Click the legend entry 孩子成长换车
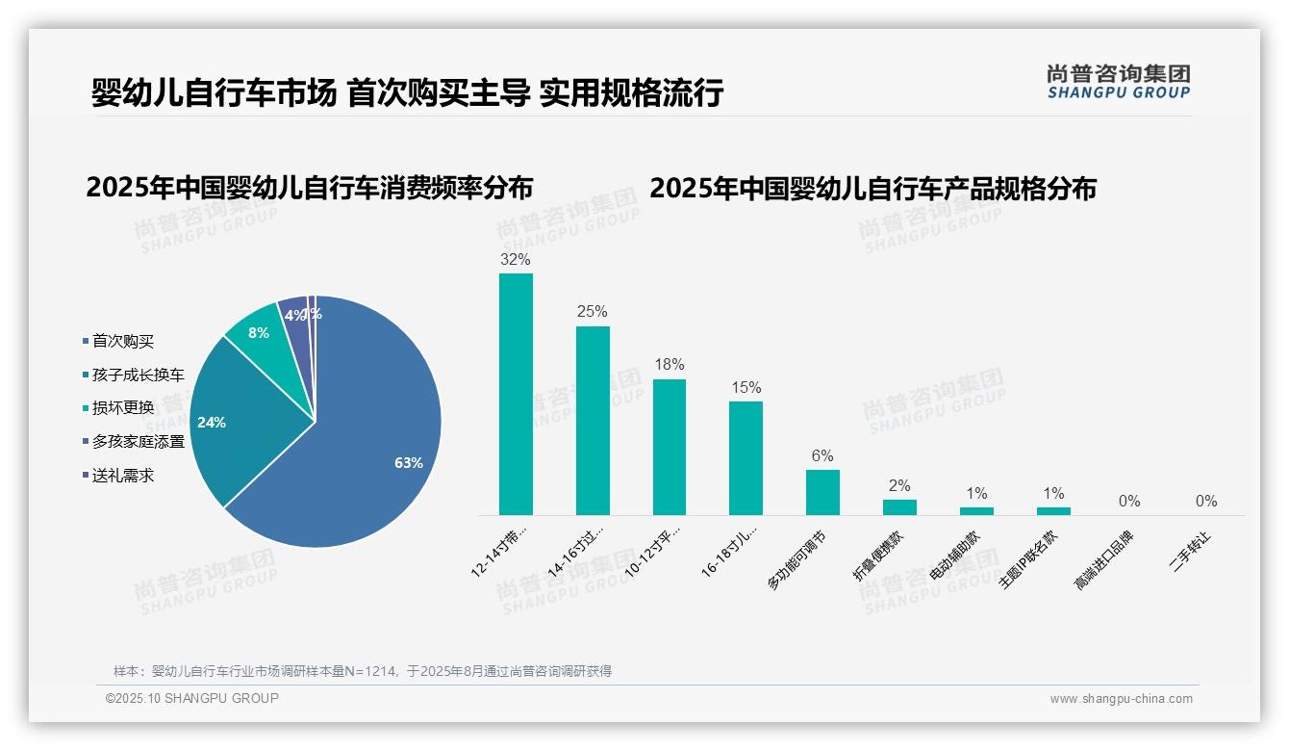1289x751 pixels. tap(138, 375)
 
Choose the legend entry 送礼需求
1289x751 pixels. tap(122, 475)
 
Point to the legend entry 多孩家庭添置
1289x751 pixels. tap(138, 441)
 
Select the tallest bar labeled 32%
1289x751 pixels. tap(516, 394)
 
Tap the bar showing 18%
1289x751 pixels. tap(670, 447)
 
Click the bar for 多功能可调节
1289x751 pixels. tap(822, 492)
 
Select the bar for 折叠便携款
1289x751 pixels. tap(899, 506)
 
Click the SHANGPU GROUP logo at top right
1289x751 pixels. tap(1118, 82)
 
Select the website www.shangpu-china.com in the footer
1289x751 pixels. tap(1121, 699)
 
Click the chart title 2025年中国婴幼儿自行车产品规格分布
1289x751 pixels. tap(872, 189)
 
